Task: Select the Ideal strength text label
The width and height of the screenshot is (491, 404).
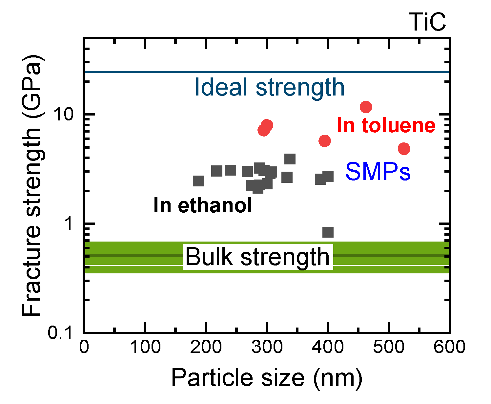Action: click(269, 87)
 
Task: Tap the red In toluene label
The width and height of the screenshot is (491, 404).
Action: click(386, 125)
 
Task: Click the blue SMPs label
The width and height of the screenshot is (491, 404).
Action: click(378, 172)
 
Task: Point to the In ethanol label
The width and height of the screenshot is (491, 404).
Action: click(202, 205)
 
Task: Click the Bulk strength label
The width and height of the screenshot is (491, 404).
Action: click(257, 257)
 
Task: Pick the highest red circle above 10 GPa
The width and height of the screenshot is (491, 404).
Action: click(366, 107)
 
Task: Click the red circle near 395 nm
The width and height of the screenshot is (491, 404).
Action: click(324, 141)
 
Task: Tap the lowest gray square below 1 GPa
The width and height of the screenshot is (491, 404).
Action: click(328, 232)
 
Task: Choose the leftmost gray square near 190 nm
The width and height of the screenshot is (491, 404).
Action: click(198, 181)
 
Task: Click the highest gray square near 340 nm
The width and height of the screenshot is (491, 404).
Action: click(290, 159)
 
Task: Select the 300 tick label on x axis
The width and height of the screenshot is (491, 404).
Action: click(267, 347)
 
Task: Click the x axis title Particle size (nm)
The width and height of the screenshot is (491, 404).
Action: click(267, 378)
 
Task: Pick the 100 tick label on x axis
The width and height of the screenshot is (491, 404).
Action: click(145, 347)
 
